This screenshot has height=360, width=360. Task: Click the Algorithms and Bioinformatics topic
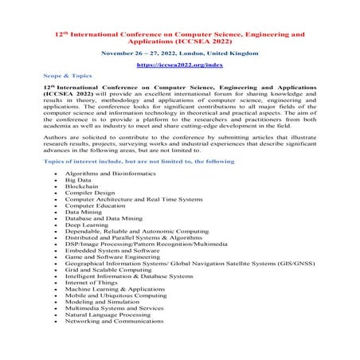click(x=107, y=172)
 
